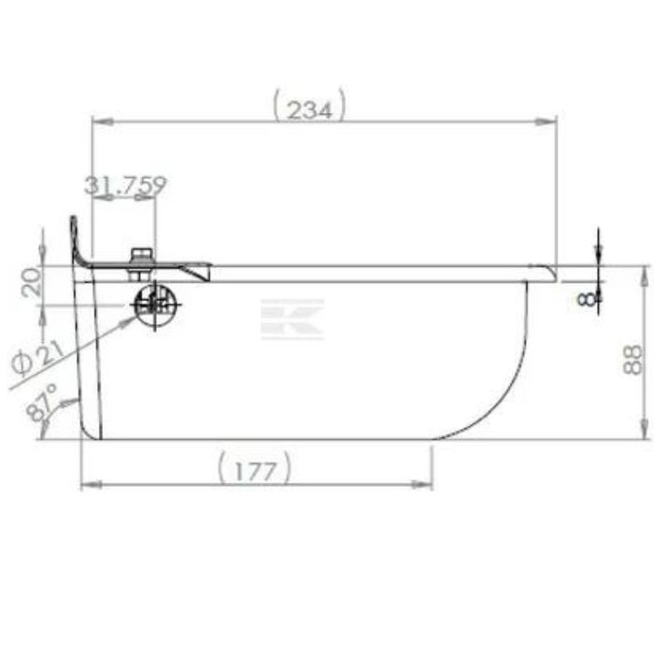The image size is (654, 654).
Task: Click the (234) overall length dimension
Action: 309,106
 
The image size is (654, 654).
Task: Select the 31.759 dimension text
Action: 125,185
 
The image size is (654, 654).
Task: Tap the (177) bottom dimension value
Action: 254,468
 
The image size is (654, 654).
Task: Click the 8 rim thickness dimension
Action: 587,299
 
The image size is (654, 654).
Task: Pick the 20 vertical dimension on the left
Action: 32,282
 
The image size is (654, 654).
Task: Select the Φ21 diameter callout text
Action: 36,358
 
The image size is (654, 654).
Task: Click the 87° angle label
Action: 42,402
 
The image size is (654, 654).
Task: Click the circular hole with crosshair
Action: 155,305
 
